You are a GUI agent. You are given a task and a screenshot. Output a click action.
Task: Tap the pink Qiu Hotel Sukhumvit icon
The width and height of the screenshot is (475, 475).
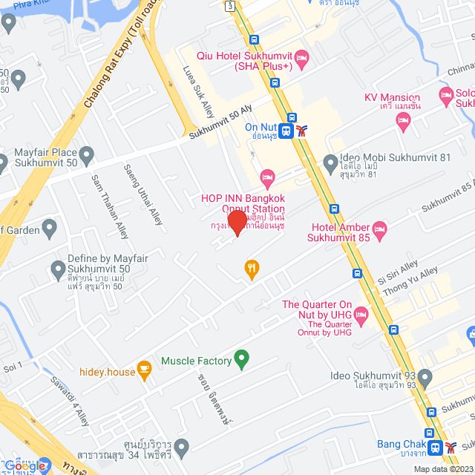(301, 57)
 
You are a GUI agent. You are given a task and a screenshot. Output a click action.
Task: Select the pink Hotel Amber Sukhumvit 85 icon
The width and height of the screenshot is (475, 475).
(379, 228)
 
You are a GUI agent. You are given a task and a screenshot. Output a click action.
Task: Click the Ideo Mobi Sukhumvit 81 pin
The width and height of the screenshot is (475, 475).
(331, 162)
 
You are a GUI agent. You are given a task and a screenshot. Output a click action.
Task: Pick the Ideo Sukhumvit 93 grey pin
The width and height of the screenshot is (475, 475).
(425, 377)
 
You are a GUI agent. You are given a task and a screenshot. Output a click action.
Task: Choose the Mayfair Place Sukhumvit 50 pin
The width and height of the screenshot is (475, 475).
(87, 156)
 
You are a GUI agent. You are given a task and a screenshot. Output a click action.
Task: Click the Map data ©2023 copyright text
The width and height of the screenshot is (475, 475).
(443, 468)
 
